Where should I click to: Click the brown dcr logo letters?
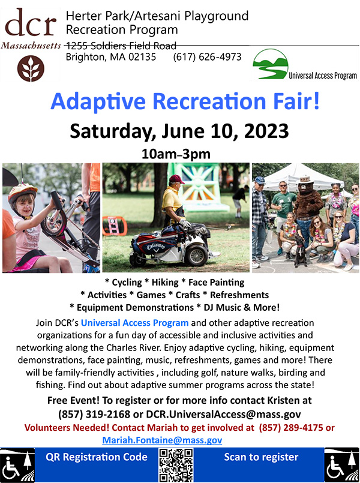click(31, 23)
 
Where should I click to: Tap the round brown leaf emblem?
click(31, 68)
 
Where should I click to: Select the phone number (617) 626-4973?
click(207, 57)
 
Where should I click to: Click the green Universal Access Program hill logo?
click(271, 64)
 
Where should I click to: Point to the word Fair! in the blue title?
click(295, 101)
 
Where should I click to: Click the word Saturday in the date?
click(109, 132)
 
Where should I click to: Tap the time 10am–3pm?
click(176, 154)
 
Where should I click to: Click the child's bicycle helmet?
click(22, 193)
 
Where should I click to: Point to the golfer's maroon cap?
click(177, 179)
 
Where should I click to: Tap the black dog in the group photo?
click(300, 250)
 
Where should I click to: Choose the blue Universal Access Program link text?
click(134, 323)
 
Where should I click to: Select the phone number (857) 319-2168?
click(94, 415)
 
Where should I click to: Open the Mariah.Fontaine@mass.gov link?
click(162, 440)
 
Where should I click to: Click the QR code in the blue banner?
click(176, 465)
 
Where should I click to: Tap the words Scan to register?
click(261, 457)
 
